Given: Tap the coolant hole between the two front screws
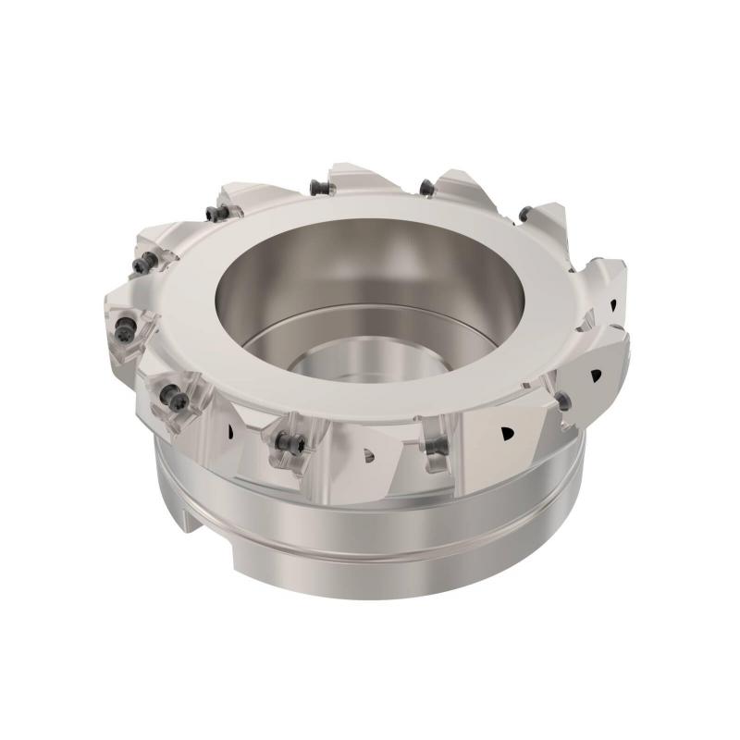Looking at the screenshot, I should (369, 453).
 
